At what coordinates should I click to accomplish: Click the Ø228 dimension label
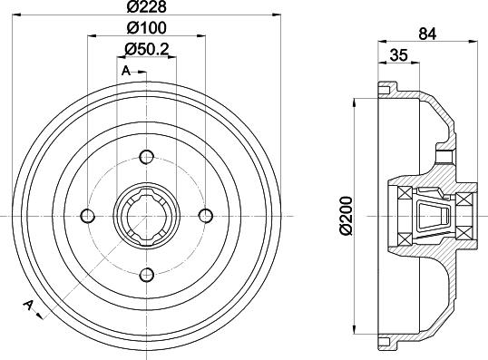[x=147, y=6]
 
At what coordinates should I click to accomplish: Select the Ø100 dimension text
[x=147, y=28]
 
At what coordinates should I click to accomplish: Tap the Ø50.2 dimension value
[x=147, y=49]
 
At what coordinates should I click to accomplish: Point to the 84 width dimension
[x=427, y=34]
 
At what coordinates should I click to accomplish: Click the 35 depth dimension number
[x=399, y=55]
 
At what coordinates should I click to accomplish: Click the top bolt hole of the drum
[x=146, y=157]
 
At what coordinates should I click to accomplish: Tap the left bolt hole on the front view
[x=87, y=216]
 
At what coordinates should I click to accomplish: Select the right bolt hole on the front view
[x=205, y=216]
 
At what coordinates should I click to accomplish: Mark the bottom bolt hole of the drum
[x=146, y=275]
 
